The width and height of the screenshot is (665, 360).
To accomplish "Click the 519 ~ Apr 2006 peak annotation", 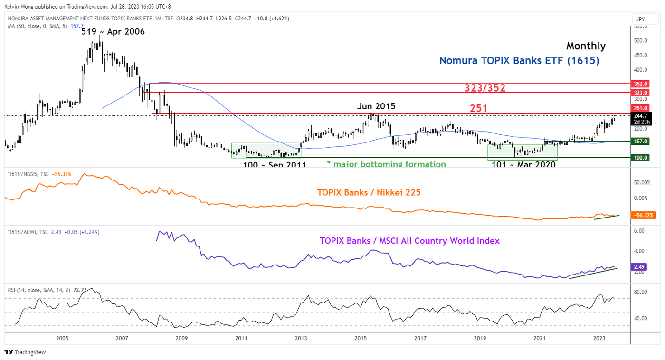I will (x=113, y=32).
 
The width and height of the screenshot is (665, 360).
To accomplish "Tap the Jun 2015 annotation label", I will (x=376, y=106).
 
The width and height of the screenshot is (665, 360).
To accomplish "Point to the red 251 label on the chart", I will (x=478, y=108).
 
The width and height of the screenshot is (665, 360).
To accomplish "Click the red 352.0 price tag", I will (x=644, y=84).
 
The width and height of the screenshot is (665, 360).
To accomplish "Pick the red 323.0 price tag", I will (x=644, y=93).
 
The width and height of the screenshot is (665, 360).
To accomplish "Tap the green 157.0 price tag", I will (x=644, y=142).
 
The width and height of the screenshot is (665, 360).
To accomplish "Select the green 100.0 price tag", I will (x=644, y=158).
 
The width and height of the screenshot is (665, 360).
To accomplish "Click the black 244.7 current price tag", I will (x=644, y=115).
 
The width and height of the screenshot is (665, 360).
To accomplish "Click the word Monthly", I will (x=586, y=46).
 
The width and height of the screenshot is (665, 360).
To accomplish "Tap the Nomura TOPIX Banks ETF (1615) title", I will (x=519, y=61).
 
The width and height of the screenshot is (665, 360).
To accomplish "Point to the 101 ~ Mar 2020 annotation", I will (x=522, y=164).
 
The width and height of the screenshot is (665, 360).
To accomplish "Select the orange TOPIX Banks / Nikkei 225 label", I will (x=369, y=192).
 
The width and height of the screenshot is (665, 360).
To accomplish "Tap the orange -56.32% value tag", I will (x=644, y=215).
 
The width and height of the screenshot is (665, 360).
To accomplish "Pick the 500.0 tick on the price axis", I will (x=642, y=40).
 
